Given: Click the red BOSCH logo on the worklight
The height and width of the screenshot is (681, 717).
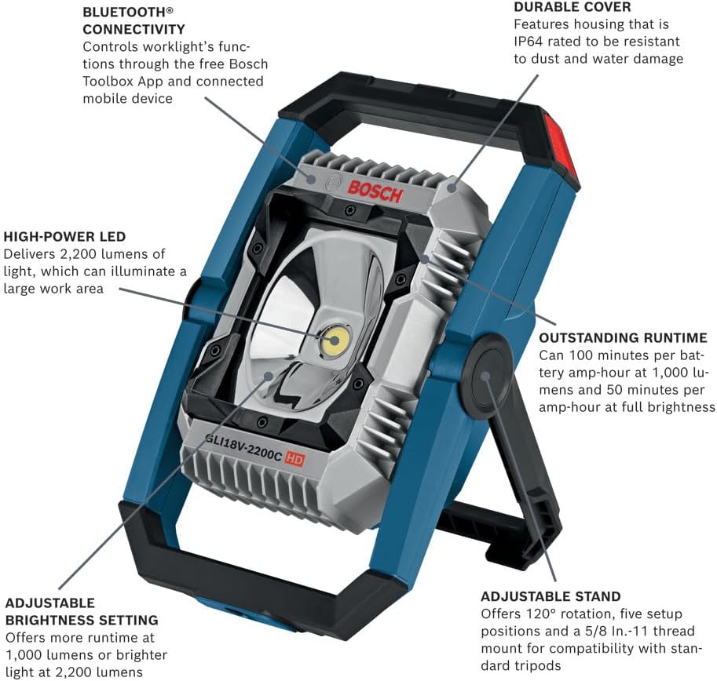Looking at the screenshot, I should (375, 190).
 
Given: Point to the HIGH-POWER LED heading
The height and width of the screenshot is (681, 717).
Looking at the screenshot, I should (64, 236).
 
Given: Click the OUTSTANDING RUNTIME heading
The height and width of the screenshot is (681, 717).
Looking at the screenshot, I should (623, 338).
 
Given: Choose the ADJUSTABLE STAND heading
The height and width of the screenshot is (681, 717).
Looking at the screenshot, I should (551, 596).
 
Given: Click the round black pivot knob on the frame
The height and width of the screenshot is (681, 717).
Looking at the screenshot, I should (487, 375).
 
